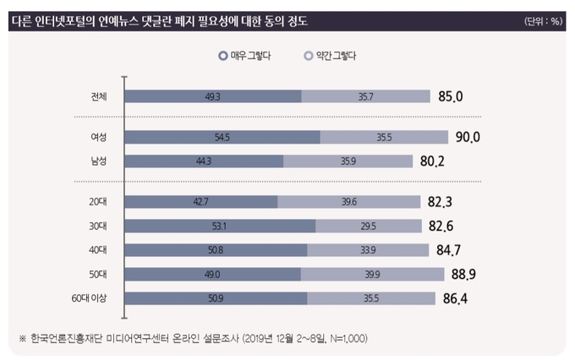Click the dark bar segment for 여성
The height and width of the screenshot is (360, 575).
(x=223, y=137)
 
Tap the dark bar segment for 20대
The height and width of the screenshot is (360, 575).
(x=201, y=201)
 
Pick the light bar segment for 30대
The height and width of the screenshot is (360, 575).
(x=369, y=226)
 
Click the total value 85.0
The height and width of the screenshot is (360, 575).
(x=451, y=96)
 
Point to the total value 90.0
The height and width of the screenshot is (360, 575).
(x=468, y=137)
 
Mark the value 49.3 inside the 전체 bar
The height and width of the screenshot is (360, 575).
(x=213, y=96)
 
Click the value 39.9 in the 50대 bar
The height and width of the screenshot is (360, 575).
(x=372, y=274)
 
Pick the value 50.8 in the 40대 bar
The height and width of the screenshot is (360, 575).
(x=214, y=250)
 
